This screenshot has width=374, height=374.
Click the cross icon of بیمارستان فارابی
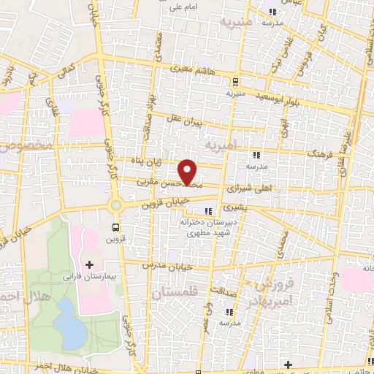[90, 264]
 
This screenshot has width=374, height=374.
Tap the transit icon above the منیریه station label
[235, 82]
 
